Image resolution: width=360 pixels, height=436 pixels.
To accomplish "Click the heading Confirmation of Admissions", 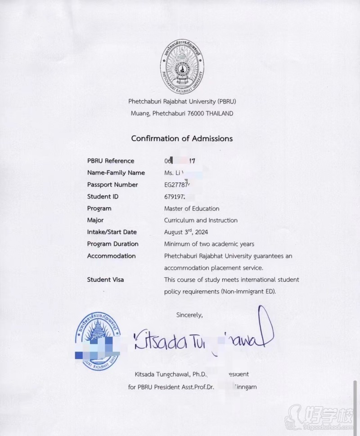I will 182,138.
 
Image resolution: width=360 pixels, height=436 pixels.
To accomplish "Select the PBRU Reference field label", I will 111,161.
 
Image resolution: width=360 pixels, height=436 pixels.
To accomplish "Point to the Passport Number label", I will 112,185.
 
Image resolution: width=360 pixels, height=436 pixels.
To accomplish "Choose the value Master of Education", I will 192,209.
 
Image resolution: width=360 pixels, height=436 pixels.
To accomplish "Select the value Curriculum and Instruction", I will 201,220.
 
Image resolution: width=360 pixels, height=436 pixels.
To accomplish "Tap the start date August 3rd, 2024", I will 186,232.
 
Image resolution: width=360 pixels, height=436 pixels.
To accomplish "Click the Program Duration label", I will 113,244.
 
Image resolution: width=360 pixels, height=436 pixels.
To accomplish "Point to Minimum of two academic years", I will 209,244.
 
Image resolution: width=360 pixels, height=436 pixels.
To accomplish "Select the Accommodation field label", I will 111,256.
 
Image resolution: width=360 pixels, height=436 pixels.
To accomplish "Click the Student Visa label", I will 105,280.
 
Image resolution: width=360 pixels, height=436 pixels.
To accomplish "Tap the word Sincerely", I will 189,315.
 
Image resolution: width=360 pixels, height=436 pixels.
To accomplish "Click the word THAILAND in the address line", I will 220,114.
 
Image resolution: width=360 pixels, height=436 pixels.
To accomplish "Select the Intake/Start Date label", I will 112,232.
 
